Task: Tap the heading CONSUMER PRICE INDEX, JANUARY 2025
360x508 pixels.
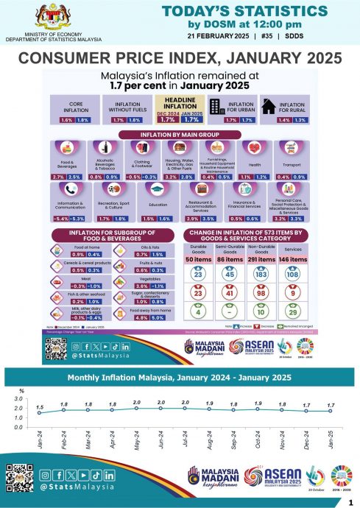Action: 180,58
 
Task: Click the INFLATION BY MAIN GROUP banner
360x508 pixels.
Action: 179,135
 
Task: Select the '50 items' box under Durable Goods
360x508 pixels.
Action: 198,260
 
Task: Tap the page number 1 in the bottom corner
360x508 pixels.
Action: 349,501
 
